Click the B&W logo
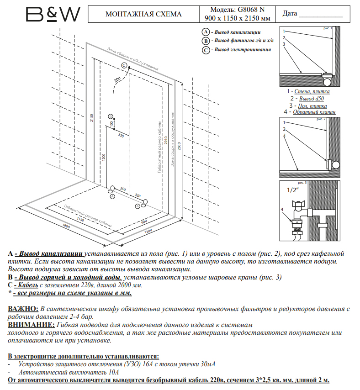tap(53, 14)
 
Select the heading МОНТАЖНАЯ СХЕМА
tap(143, 14)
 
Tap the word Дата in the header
tap(290, 13)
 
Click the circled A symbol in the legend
tap(206, 32)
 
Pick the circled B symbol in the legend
tap(206, 41)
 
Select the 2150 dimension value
tap(91, 118)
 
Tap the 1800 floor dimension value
tap(66, 227)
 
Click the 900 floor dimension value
tap(144, 222)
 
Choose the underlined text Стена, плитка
tap(312, 91)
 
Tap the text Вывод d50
tap(313, 98)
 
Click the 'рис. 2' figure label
tap(321, 119)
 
